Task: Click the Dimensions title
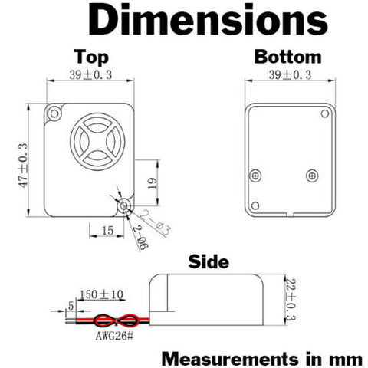point(208,19)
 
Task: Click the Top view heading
point(91,57)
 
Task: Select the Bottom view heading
point(287,57)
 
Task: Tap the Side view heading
point(209,261)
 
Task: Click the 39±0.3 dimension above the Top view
point(90,75)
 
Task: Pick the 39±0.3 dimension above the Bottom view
point(290,75)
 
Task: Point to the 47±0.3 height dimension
point(23,165)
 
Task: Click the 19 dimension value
point(153,183)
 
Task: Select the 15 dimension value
point(107,231)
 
